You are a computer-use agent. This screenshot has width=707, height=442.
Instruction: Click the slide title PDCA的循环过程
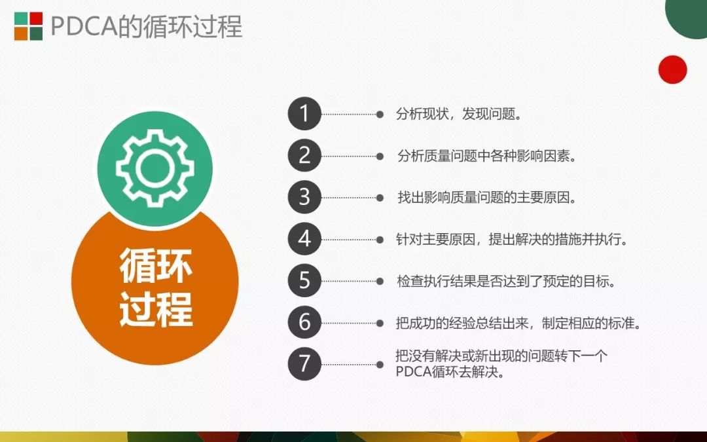147,26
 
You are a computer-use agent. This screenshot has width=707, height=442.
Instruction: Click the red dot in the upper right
672,69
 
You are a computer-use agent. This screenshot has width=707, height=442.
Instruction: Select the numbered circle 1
304,114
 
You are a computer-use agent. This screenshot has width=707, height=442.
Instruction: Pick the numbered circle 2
304,156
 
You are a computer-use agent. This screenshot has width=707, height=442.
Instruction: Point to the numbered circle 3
304,197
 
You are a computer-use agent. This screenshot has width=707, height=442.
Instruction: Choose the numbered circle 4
304,239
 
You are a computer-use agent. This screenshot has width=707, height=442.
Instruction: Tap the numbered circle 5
304,280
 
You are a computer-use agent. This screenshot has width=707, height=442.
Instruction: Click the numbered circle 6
304,322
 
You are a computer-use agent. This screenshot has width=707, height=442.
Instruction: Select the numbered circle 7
304,364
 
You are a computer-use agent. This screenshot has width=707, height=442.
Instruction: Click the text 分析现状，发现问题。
459,114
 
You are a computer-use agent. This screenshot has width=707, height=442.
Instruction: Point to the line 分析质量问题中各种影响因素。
487,156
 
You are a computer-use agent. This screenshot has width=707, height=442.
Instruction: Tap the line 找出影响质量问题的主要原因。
487,198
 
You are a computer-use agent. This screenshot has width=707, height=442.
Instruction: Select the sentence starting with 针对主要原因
512,239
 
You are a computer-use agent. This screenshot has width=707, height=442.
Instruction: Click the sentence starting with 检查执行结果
506,281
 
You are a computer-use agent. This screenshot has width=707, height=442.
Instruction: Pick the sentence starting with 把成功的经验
518,323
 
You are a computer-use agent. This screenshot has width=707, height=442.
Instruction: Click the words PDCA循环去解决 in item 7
446,373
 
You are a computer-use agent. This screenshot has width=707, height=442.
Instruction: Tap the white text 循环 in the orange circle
156,266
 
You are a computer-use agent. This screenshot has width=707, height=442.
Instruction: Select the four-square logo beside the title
28,26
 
